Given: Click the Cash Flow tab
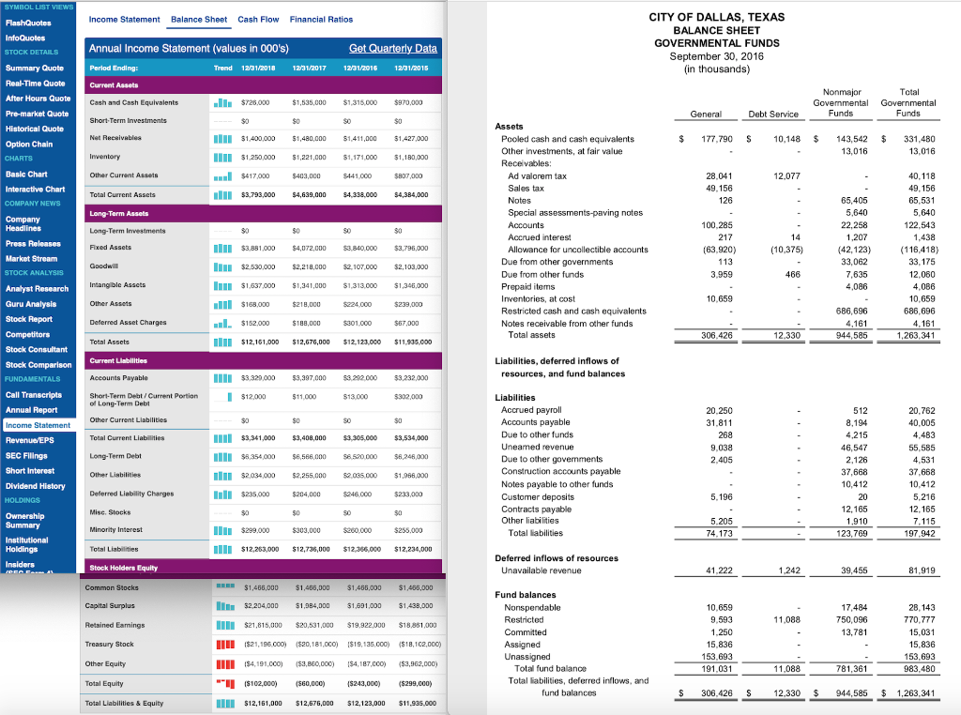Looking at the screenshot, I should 258,19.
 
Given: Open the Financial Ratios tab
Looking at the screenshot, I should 322,19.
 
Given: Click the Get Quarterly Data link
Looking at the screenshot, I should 392,48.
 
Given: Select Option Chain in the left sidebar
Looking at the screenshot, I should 29,144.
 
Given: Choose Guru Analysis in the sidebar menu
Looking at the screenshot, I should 34,303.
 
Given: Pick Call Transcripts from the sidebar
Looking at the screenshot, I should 35,395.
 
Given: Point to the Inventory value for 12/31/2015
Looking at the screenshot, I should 411,156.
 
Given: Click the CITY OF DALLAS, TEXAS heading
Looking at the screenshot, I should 716,18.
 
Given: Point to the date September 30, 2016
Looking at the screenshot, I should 716,55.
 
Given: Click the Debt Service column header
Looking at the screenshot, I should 772,114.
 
